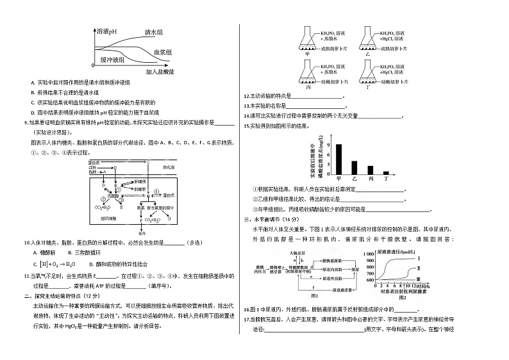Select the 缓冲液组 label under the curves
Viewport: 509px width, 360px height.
click(x=113, y=60)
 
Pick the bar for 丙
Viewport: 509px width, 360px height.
click(x=371, y=169)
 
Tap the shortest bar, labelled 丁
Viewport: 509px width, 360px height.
click(x=386, y=172)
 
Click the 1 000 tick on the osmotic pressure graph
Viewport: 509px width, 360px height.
click(x=368, y=254)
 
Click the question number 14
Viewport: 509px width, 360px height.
click(x=247, y=116)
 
